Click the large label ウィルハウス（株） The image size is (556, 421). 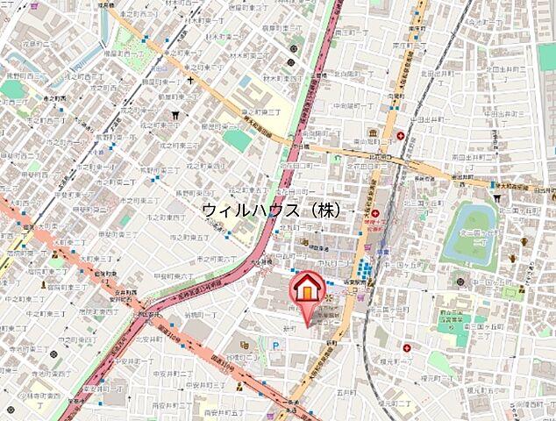(271, 210)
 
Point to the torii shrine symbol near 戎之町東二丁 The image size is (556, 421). (177, 113)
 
